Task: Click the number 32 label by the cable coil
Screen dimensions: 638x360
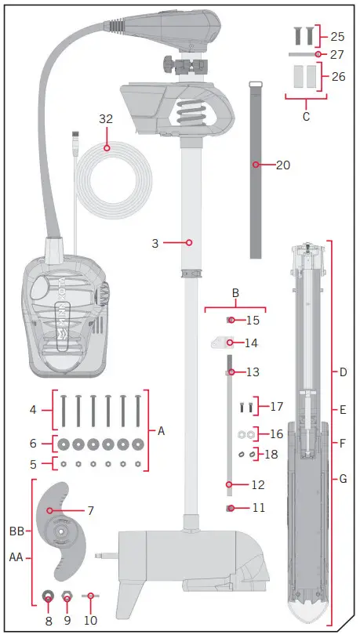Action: tap(107, 119)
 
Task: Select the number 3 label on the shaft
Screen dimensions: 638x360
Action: tap(155, 244)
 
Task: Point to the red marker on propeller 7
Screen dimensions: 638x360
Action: tap(51, 510)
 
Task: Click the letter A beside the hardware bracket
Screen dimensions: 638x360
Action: tap(162, 430)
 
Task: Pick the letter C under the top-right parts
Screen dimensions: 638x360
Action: tap(306, 117)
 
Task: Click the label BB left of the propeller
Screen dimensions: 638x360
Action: tap(16, 531)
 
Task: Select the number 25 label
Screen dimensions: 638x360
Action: tap(337, 36)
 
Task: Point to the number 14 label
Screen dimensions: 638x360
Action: tap(252, 343)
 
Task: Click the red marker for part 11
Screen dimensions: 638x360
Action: tap(230, 509)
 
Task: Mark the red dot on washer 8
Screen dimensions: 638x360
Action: tap(48, 599)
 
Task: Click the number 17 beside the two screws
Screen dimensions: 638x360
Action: tap(275, 407)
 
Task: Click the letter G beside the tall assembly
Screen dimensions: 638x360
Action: tap(343, 477)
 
